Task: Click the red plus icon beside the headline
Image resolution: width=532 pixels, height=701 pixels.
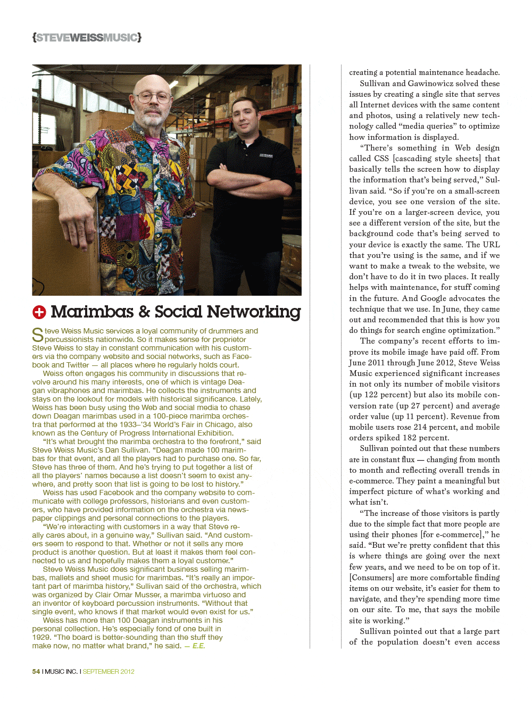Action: tap(39, 312)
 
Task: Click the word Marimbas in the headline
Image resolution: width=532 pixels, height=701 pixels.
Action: tap(92, 312)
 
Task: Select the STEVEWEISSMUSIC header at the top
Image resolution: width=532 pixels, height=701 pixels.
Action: tap(87, 37)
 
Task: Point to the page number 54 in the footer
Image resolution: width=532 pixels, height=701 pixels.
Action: tap(36, 672)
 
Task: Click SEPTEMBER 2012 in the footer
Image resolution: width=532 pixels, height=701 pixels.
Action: tap(109, 672)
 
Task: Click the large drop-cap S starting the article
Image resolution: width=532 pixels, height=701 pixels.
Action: tap(37, 335)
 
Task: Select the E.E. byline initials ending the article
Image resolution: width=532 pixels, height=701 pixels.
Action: tap(198, 646)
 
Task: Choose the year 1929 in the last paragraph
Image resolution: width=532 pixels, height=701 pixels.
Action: tap(41, 637)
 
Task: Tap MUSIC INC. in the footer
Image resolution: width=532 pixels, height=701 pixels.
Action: tap(61, 672)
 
